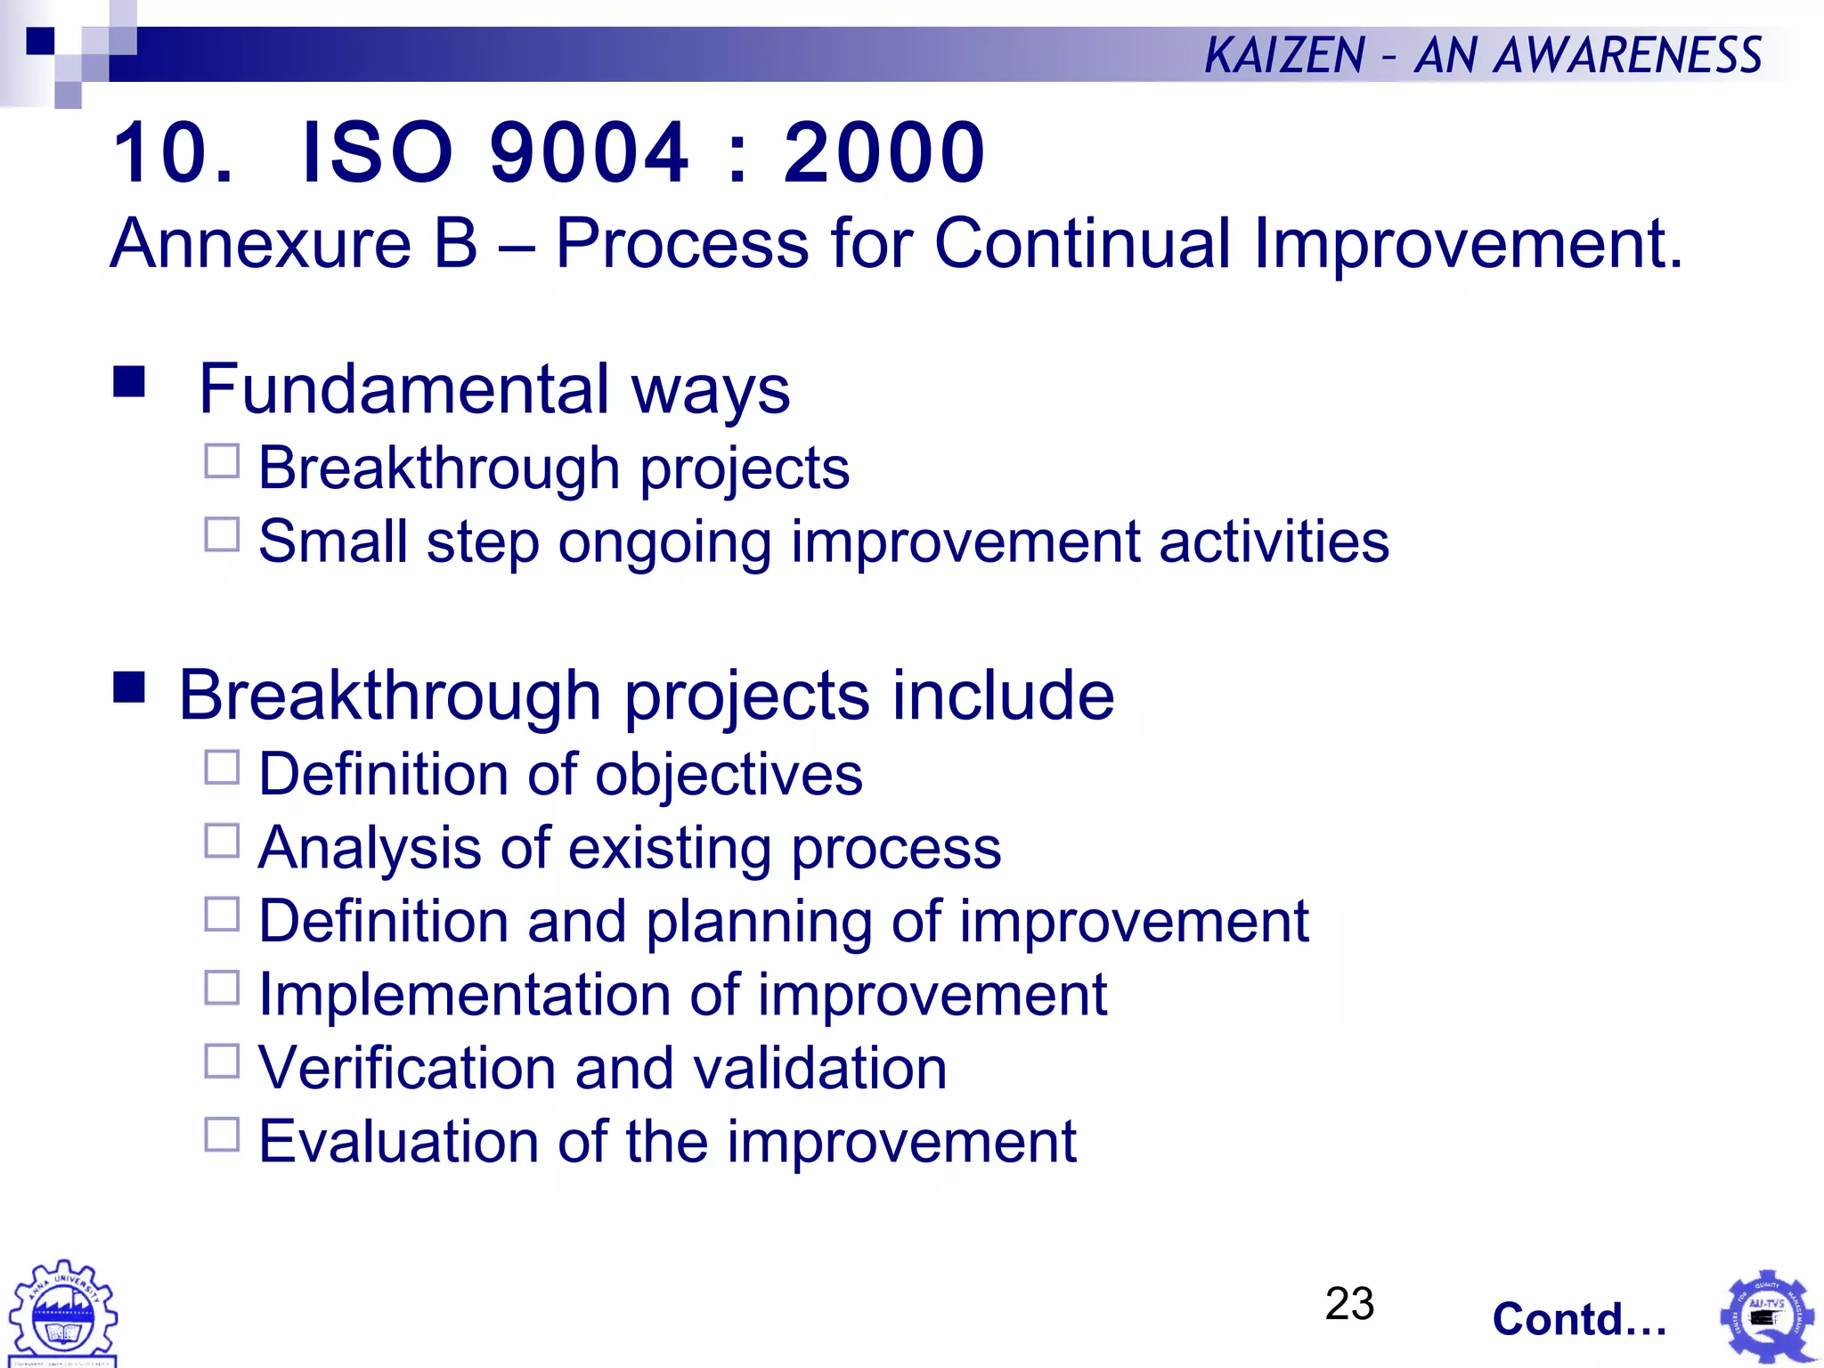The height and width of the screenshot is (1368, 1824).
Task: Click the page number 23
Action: click(1349, 1304)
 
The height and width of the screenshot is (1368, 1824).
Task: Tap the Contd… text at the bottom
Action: click(1579, 1319)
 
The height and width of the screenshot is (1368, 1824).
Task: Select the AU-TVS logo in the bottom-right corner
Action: click(1767, 1316)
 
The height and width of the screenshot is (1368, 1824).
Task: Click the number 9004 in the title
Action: click(589, 153)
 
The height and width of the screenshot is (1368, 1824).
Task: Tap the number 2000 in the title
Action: click(883, 153)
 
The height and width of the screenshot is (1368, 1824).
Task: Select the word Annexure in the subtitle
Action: click(260, 243)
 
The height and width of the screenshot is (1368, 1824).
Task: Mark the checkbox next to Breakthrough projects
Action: click(222, 461)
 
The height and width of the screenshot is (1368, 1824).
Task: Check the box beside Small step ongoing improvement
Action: click(222, 534)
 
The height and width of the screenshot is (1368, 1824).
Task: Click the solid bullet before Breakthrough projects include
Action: click(129, 687)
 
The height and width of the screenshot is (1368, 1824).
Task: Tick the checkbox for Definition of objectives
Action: click(222, 767)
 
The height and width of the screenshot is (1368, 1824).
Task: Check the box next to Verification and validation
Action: click(222, 1061)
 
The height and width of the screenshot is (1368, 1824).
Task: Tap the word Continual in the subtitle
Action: click(1082, 243)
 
